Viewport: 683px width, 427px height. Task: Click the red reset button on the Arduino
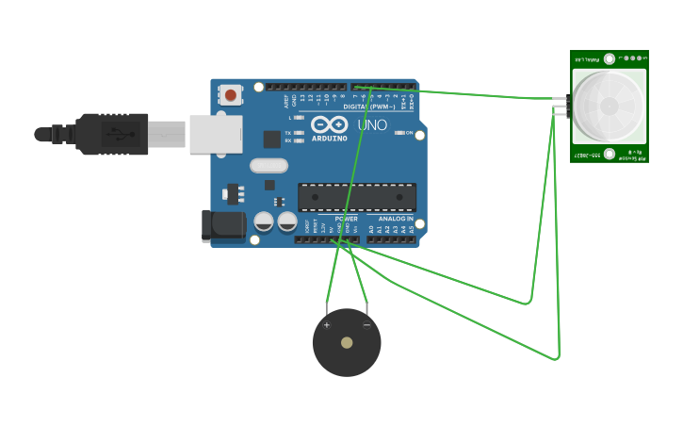[x=231, y=95]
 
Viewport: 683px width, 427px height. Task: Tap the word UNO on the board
[x=372, y=125]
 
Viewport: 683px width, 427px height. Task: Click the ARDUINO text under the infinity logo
[x=330, y=138]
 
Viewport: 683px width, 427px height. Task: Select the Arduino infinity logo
[x=329, y=123]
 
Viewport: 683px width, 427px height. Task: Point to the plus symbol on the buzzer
[x=327, y=325]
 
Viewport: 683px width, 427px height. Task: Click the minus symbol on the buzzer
[x=366, y=325]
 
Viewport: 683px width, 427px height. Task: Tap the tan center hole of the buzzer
[x=347, y=342]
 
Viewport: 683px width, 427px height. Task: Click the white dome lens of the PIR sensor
[x=609, y=106]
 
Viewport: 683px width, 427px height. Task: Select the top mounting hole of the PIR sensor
[x=610, y=58]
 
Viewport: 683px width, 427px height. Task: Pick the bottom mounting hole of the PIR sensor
[x=610, y=154]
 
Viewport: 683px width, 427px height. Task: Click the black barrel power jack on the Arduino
[x=223, y=225]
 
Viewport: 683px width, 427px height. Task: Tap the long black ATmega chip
[x=356, y=197]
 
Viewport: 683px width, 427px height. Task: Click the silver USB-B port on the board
[x=216, y=134]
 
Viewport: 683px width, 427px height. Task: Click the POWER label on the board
[x=346, y=219]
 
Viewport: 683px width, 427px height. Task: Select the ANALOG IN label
[x=397, y=219]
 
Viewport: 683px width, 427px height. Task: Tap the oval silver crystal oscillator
[x=268, y=166]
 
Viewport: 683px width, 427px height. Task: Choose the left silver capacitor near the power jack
[x=264, y=222]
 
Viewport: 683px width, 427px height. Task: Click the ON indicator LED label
[x=409, y=133]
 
